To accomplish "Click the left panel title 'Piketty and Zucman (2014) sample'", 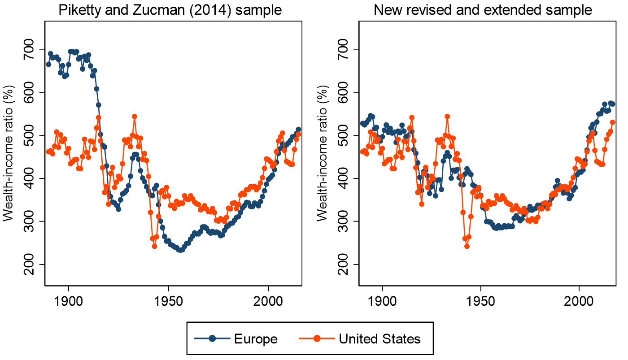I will (x=171, y=10).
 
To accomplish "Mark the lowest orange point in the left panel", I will (x=154, y=246).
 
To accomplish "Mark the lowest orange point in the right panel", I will (x=467, y=246).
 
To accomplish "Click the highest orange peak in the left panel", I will (x=135, y=117).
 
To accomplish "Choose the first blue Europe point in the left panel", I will (x=48, y=64).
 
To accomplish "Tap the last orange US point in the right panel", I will (x=612, y=122).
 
